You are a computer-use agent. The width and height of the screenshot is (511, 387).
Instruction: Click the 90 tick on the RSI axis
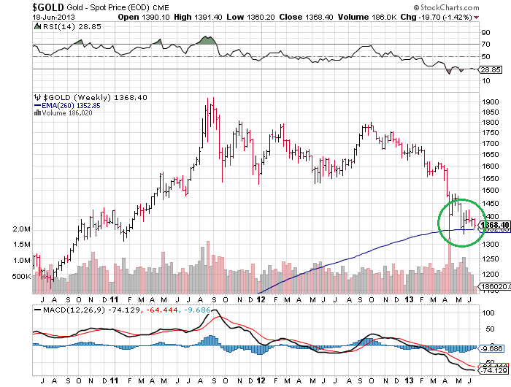pos(484,32)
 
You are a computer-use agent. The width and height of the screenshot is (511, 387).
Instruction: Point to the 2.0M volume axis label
pos(21,229)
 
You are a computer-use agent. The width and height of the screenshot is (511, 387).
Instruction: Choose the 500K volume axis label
pos(21,276)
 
